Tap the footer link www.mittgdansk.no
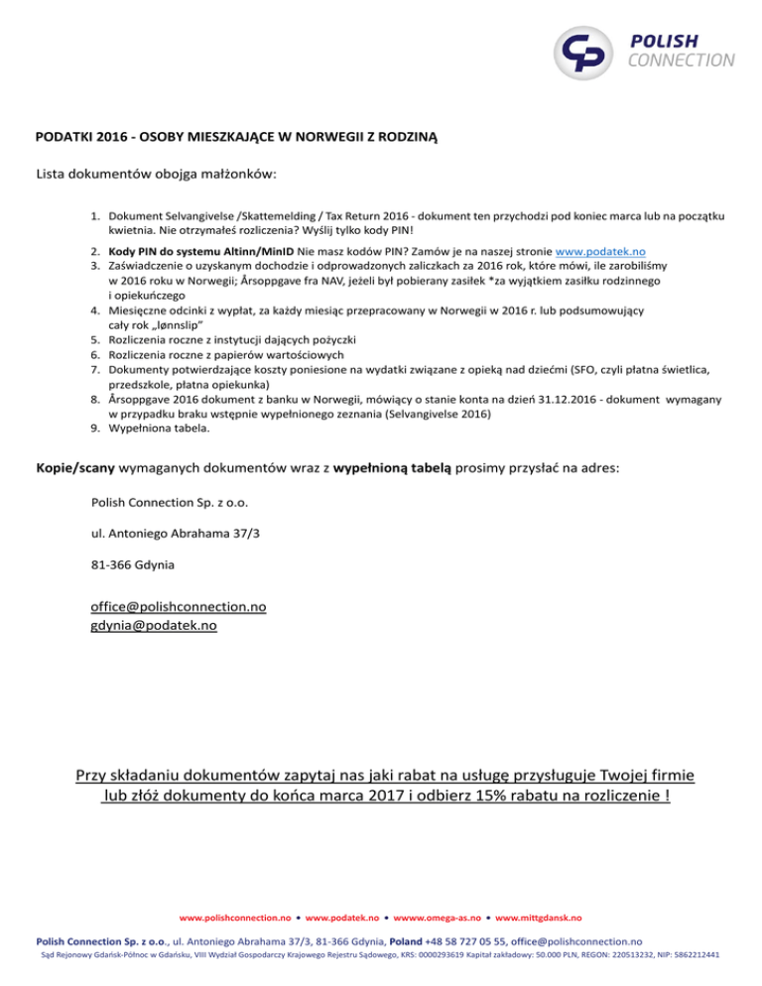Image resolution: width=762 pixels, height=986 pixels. [541, 919]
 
